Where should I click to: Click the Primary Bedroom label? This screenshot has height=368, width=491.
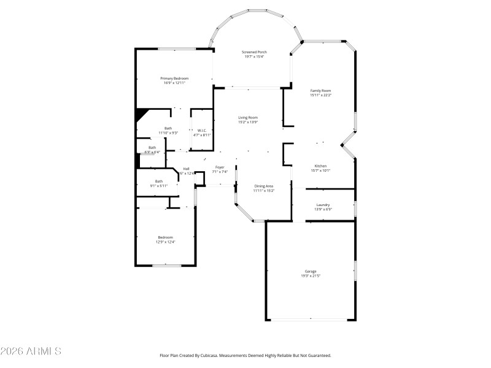point(174,79)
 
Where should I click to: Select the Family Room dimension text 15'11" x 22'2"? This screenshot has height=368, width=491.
point(320,95)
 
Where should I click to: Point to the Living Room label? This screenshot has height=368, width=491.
point(248,117)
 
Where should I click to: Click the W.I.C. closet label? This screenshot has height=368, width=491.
point(201,130)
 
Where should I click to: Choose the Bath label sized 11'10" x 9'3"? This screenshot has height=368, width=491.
point(168,128)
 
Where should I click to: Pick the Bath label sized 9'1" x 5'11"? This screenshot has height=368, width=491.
point(159,181)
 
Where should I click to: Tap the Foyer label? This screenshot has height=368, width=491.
point(219,167)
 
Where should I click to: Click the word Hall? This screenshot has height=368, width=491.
point(186,169)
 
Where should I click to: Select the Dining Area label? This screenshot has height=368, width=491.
point(264,186)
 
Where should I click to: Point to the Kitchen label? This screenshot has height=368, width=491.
point(320,166)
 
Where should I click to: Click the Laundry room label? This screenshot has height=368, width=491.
point(323,205)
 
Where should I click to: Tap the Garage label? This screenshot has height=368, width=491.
point(311,271)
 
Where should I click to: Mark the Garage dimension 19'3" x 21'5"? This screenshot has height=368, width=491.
point(311,276)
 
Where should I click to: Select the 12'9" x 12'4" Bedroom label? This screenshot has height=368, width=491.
point(165,237)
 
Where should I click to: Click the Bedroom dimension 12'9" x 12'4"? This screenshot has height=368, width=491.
point(165,242)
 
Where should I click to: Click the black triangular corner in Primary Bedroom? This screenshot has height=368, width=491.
point(141,113)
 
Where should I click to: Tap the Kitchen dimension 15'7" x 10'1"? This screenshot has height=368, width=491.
point(320,171)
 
